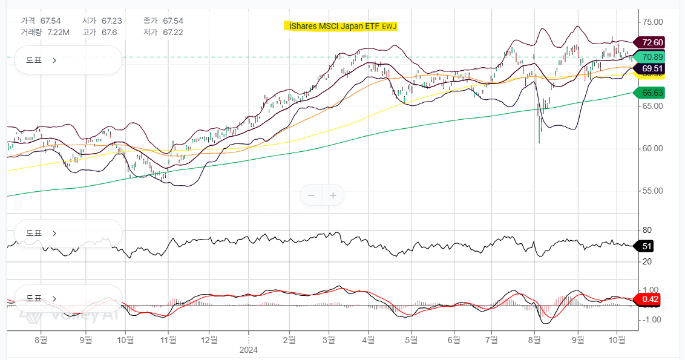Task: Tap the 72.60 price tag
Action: [652, 42]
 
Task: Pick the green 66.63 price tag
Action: [652, 93]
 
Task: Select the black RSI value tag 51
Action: [646, 246]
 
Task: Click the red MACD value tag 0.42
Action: [650, 299]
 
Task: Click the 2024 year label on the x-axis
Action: [249, 350]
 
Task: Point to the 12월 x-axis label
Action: [209, 340]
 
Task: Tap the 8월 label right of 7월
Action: [534, 340]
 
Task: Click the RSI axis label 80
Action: [647, 231]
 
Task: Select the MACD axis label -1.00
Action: [651, 319]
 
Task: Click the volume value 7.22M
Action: [58, 32]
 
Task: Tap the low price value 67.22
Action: [172, 32]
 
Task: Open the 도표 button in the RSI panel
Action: [41, 233]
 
